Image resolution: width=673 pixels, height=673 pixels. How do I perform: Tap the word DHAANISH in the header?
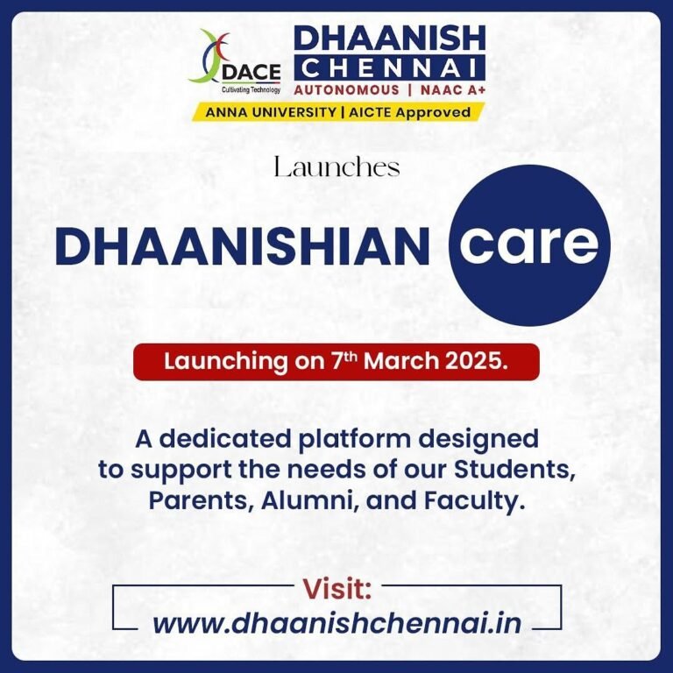(389, 39)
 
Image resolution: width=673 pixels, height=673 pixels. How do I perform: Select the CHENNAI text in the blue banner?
(389, 67)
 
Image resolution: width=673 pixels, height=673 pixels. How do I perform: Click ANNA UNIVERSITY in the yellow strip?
(268, 112)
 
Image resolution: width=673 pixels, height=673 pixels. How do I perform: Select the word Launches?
(336, 167)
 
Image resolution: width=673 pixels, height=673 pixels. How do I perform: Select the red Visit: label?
(337, 588)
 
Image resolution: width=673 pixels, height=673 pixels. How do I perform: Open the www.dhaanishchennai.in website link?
(337, 623)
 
